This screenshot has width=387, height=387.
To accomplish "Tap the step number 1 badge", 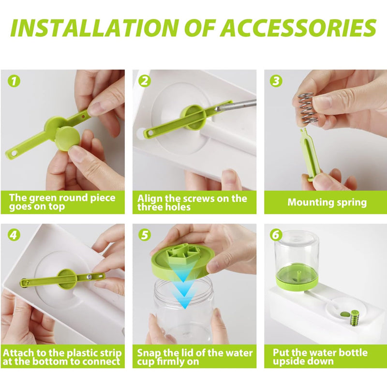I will (x=15, y=81).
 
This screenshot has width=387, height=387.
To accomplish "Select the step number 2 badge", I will (x=144, y=81).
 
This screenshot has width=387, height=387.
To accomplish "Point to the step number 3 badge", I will (x=276, y=81).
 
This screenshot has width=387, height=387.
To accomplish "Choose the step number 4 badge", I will (x=15, y=235).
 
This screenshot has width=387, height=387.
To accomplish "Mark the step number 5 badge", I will (x=144, y=235).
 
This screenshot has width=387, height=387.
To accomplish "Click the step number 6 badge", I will (x=276, y=235).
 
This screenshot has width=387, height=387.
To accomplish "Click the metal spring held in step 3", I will (x=306, y=108).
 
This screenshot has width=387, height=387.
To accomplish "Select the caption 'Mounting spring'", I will (x=327, y=202).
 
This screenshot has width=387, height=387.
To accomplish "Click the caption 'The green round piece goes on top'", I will (x=62, y=202).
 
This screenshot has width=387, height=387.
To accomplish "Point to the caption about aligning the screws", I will (x=192, y=202).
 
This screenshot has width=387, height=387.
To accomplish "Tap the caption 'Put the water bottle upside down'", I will (x=320, y=357).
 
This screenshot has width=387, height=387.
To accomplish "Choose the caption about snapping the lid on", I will (x=194, y=357).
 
